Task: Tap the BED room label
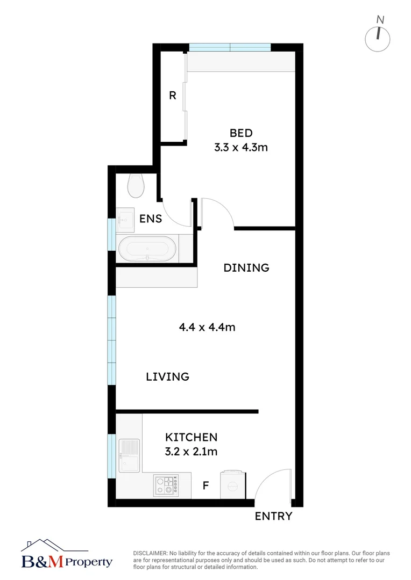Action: click(x=241, y=133)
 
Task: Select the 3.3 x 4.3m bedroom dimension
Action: click(x=241, y=147)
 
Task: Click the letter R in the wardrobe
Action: click(x=173, y=96)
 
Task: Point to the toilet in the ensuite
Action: click(x=136, y=186)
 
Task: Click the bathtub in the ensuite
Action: click(x=147, y=249)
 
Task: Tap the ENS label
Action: click(x=151, y=219)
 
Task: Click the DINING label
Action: click(x=246, y=267)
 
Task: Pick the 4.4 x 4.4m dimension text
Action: click(x=207, y=327)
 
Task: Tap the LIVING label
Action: click(x=168, y=376)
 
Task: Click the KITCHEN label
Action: click(x=191, y=438)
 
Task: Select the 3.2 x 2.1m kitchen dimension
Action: click(x=191, y=452)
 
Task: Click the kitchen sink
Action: click(x=129, y=455)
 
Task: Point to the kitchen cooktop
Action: click(x=165, y=485)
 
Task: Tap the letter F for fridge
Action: click(x=205, y=486)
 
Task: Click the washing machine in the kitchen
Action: click(x=232, y=484)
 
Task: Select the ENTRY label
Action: click(x=274, y=517)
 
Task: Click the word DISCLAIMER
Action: click(x=150, y=553)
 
